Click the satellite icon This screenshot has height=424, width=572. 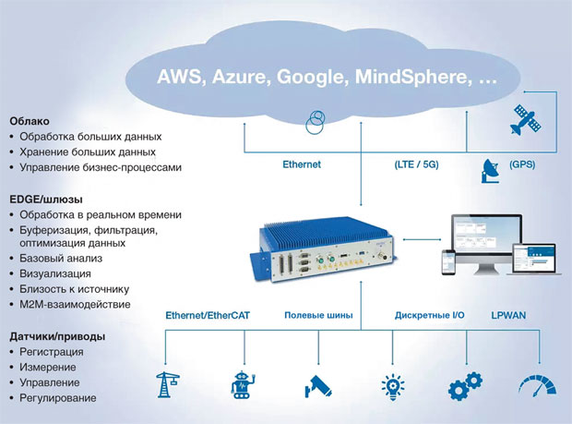[525, 119]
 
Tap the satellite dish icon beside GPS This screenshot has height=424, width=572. [491, 171]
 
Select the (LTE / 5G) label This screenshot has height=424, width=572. [416, 164]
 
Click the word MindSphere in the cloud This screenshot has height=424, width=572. [411, 77]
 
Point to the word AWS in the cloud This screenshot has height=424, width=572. [180, 77]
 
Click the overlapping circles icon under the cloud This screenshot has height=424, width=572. [315, 122]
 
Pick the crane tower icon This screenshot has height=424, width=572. [167, 384]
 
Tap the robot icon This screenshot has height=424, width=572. [243, 385]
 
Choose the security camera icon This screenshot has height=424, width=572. [318, 386]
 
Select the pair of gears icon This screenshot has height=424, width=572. [465, 386]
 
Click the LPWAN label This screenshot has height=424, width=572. [508, 315]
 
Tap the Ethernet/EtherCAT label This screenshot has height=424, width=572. [208, 315]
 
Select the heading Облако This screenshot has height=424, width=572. [30, 121]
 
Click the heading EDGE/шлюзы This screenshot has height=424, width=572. [46, 200]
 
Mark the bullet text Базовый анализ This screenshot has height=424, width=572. [61, 259]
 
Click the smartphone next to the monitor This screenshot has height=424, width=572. [448, 262]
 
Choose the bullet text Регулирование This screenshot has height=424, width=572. [58, 398]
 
